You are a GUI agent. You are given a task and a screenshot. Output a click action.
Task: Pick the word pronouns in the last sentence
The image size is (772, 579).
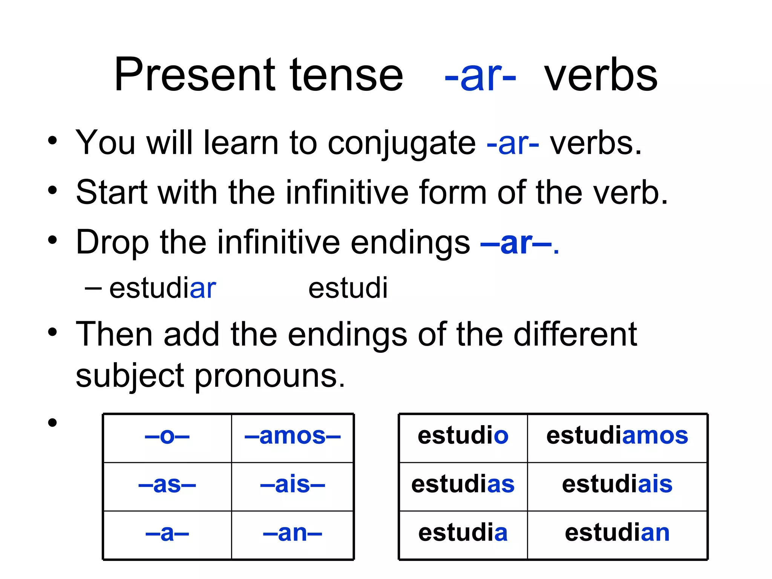[270, 377]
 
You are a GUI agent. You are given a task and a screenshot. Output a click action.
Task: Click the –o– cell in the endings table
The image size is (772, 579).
[167, 437]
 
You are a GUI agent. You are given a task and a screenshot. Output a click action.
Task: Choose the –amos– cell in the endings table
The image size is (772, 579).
[293, 437]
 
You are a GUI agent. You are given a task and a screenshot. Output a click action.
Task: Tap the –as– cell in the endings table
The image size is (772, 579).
[167, 485]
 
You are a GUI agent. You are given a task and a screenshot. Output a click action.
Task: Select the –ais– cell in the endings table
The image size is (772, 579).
[293, 485]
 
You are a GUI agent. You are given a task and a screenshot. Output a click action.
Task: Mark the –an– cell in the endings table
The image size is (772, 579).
[293, 533]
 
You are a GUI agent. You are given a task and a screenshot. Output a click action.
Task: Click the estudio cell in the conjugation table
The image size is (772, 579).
[463, 436]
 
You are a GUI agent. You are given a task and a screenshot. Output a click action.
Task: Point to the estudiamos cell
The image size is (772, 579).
[617, 436]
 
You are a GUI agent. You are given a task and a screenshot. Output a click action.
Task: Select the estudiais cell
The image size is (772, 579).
[617, 485]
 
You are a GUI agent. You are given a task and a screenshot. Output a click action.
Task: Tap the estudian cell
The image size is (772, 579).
[617, 533]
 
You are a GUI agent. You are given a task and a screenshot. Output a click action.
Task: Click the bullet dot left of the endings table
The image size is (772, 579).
[52, 423]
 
